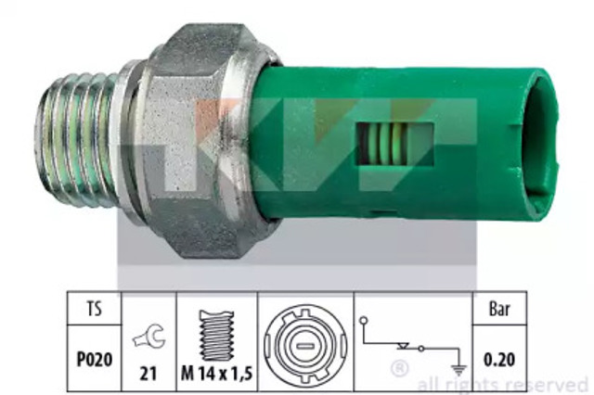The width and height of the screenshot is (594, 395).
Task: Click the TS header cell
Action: point(95,309)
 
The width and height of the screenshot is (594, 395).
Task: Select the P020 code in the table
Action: point(95,360)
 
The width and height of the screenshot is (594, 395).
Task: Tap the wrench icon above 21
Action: point(149,336)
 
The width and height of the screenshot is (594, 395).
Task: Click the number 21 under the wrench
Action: point(148,374)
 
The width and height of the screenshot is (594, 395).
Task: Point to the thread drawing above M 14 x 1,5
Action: point(216,336)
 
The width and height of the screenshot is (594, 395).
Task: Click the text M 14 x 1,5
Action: point(216,374)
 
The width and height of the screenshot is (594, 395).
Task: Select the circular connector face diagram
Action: point(305,346)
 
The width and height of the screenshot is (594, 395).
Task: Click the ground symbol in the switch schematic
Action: point(458,370)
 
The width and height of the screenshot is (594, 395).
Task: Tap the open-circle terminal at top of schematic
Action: point(364,321)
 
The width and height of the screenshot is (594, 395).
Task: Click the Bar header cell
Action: point(499,309)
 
